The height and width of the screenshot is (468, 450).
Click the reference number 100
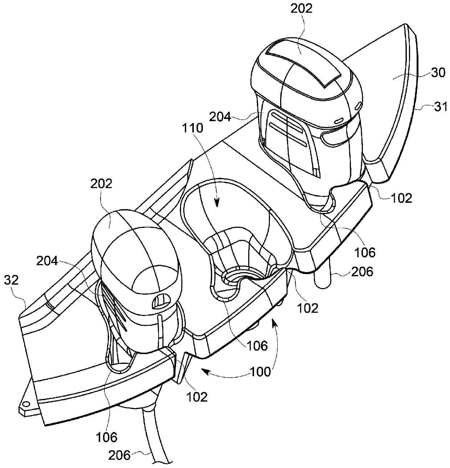coord(259,371)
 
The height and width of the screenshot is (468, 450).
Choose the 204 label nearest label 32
coord(48,261)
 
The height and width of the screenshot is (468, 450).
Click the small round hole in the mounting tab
coord(25,404)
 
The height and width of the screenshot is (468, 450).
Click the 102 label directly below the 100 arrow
coord(197,397)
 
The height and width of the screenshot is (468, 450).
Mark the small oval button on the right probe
coord(340,120)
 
